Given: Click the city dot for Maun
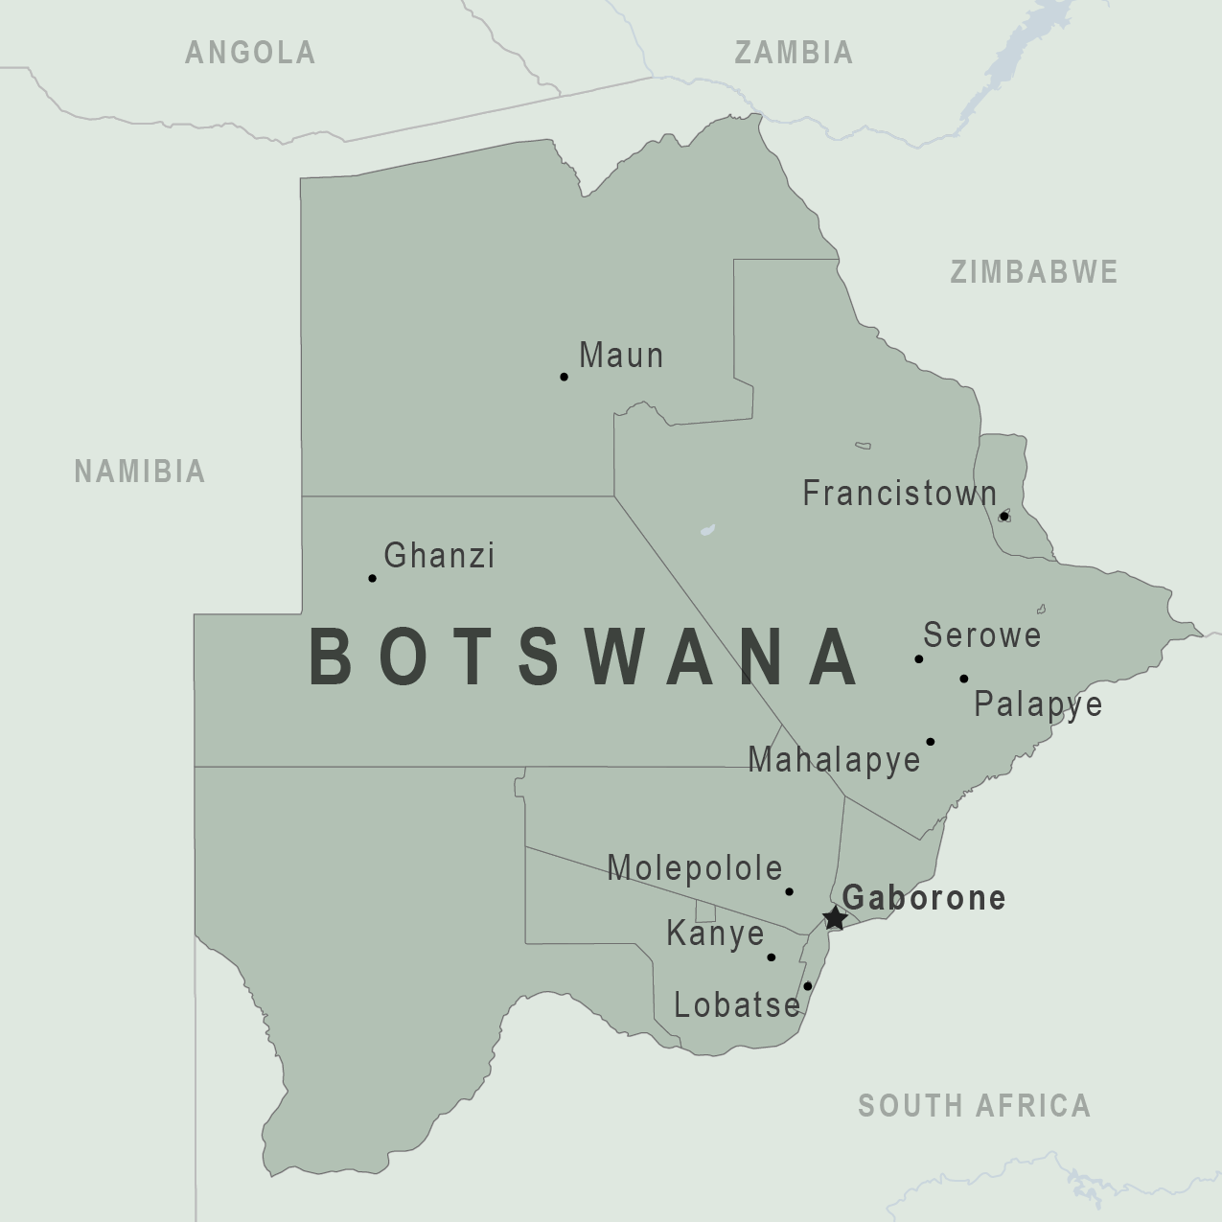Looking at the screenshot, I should point(564,377).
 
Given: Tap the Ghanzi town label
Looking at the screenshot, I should point(439,555).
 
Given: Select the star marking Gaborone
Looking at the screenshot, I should point(835,918).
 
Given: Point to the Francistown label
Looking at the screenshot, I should point(899,494).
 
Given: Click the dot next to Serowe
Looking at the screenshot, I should point(918,658).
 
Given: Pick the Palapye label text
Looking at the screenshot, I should point(1038,704).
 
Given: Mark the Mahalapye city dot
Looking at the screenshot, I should point(930,741).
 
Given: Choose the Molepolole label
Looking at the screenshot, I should point(695,867).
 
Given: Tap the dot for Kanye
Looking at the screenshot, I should point(771,957).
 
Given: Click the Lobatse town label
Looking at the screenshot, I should point(737,1004).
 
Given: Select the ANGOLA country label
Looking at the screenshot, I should point(250,53).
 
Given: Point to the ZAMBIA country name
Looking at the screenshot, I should point(794,53).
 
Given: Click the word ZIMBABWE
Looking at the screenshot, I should point(1034,272).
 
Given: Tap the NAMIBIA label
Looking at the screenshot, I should point(140,471).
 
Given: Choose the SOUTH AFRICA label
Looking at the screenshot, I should point(974,1105).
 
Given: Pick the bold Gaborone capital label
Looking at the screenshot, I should point(924,897).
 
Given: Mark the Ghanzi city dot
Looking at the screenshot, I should point(372,578).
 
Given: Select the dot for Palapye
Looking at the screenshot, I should point(963,679).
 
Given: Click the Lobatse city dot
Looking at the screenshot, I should point(807,985).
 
